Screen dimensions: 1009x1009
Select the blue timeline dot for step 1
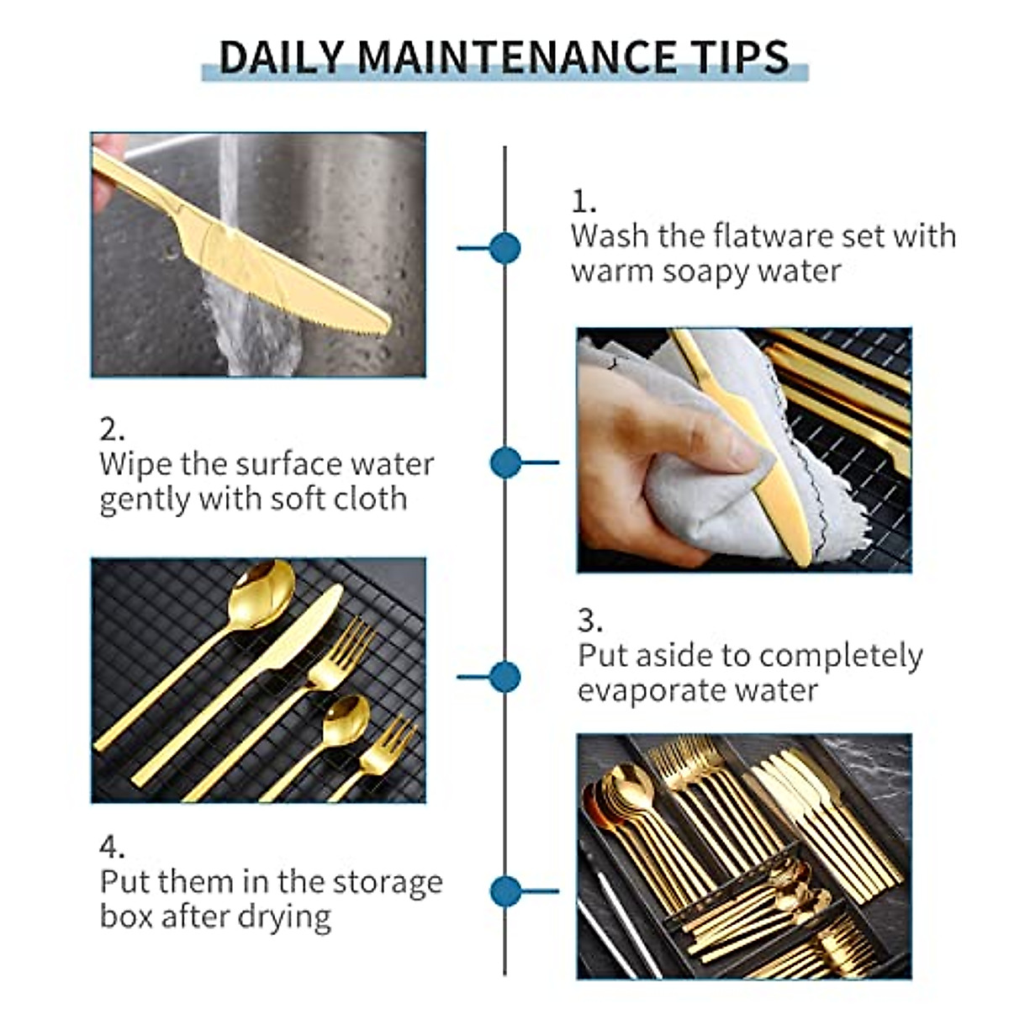click(x=504, y=248)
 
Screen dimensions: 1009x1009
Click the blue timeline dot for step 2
click(x=504, y=462)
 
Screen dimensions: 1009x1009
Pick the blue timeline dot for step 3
click(x=504, y=677)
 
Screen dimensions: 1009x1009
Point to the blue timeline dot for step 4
click(x=504, y=891)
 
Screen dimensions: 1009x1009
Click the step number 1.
click(x=581, y=202)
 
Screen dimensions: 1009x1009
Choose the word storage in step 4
click(x=387, y=882)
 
